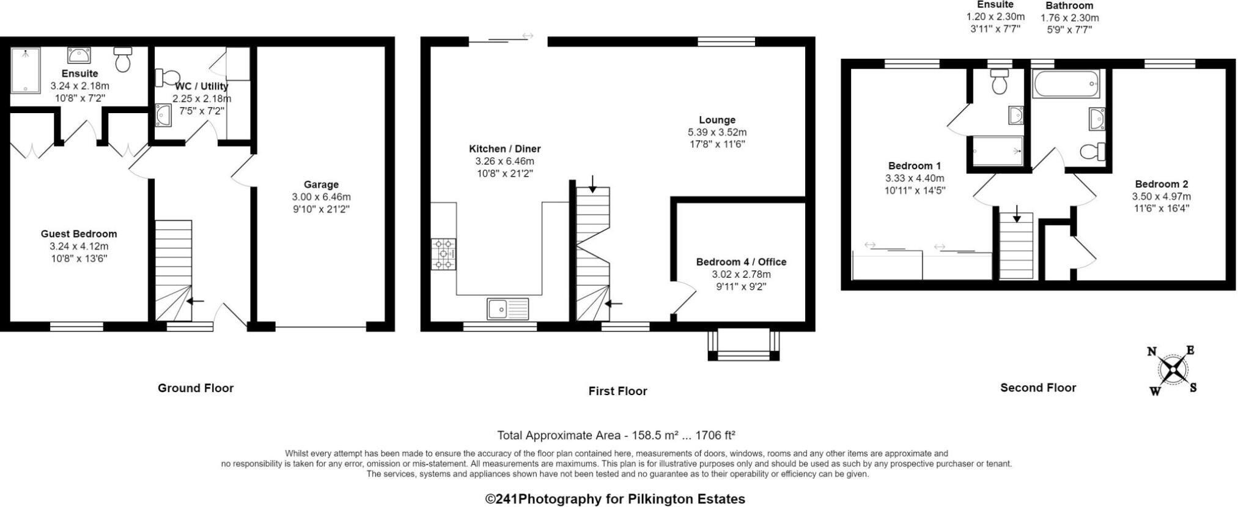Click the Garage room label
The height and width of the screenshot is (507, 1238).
pos(321,185)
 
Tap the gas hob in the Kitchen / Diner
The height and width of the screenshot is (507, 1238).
pos(443,254)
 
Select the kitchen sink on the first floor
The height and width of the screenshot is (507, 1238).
pos(507,309)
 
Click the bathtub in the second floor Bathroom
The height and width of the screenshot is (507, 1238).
pos(1066,84)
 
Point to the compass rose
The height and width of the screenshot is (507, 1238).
pos(1173,370)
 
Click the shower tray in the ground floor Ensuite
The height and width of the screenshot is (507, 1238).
pos(25,70)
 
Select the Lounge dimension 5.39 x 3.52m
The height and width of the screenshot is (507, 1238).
pos(717,132)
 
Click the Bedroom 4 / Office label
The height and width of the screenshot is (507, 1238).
pos(741,262)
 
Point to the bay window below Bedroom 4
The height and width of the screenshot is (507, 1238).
pos(743,346)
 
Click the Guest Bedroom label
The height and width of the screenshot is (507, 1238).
pos(79,234)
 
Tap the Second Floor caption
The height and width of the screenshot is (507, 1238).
pos(1037,387)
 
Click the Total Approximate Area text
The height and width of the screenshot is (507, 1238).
pos(616,435)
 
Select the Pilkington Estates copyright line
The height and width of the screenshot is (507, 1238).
pos(615,499)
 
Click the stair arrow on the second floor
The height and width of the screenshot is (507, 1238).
pos(1016,215)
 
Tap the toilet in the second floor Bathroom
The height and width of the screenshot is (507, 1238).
pos(1092,151)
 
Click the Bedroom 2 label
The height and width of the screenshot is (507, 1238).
pos(1161,184)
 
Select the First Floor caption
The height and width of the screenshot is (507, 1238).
pos(617,391)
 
